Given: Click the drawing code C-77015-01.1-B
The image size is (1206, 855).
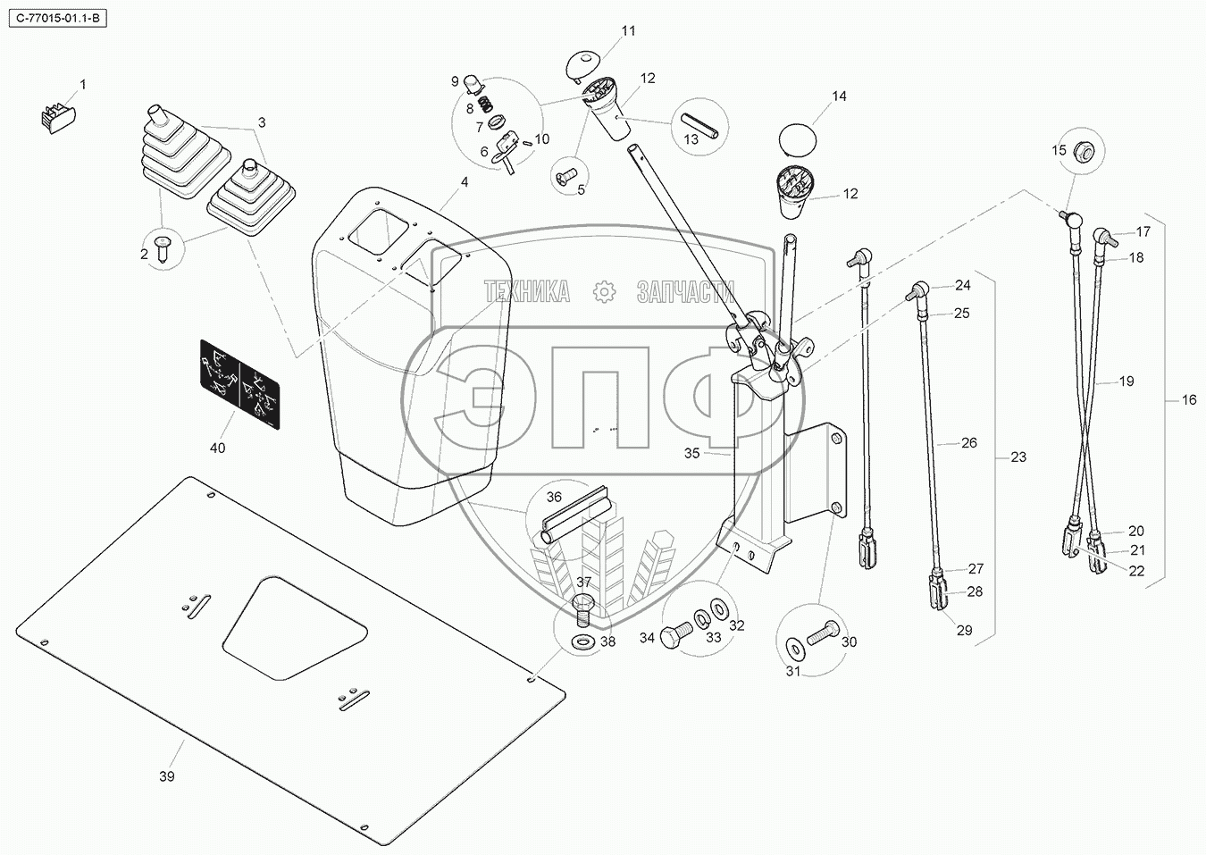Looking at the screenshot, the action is [x=55, y=17].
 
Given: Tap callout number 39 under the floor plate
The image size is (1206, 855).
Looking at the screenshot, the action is [x=167, y=776].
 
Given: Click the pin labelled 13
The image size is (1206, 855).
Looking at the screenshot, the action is [x=703, y=124].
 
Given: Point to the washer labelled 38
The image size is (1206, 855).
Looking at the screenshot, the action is [x=584, y=641].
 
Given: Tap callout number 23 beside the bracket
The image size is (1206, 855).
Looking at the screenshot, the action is [x=1018, y=457].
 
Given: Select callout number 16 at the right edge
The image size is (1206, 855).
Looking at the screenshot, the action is [x=1188, y=400].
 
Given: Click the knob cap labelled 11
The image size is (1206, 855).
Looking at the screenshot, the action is [x=582, y=64].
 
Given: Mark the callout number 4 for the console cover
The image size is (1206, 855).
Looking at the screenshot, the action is [x=464, y=182].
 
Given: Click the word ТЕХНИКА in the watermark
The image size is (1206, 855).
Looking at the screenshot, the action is [x=527, y=291].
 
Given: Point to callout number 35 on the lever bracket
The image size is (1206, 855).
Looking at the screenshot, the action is [x=692, y=453].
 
